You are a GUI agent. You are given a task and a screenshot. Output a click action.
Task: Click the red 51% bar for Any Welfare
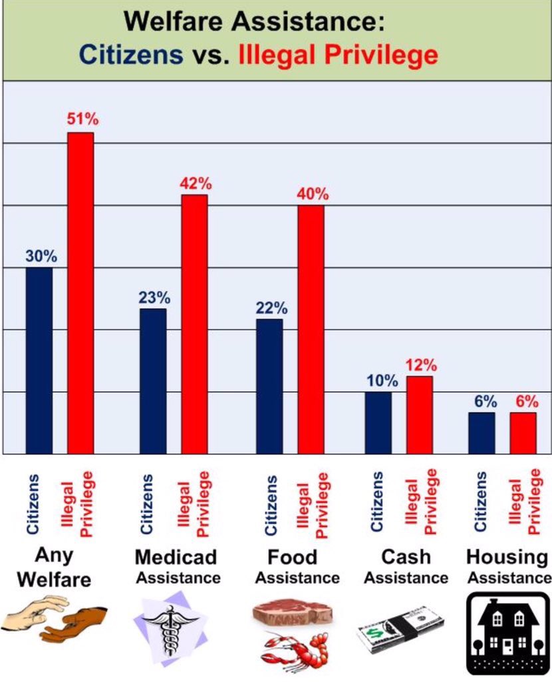tap(80, 293)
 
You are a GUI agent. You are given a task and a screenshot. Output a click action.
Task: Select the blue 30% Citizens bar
tap(39, 360)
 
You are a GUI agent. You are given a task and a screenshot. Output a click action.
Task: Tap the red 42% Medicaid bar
tap(194, 324)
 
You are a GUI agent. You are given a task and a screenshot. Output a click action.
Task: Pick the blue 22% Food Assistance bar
tap(269, 386)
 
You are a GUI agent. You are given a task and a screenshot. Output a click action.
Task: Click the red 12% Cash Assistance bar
tap(420, 415)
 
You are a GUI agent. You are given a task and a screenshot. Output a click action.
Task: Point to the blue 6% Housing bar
tap(482, 433)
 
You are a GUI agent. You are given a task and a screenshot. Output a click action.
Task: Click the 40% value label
tap(313, 194)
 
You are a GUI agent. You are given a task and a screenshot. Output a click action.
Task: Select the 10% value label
tap(381, 381)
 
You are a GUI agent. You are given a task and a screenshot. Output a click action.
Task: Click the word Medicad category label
tap(176, 557)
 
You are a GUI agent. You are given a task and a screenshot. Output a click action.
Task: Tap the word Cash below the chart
tap(406, 557)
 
